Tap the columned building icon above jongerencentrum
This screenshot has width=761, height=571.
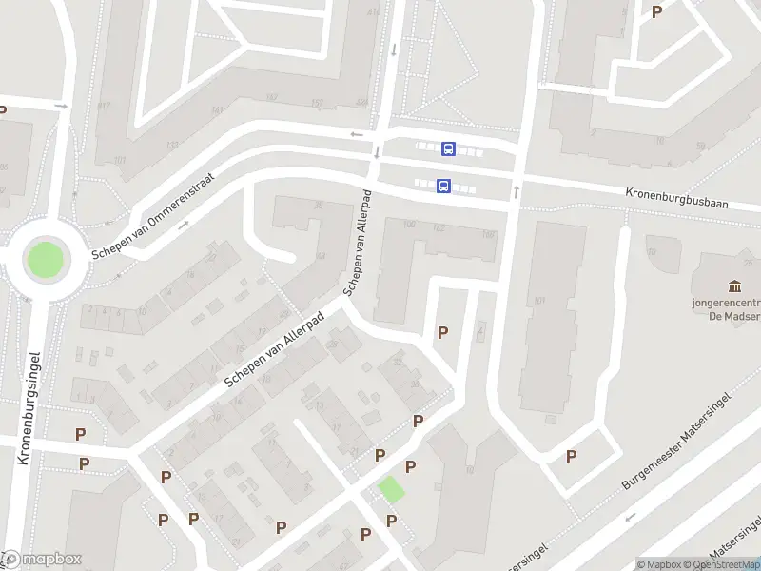click(734, 286)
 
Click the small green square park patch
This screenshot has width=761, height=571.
click(391, 490)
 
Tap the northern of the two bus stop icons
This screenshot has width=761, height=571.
click(448, 148)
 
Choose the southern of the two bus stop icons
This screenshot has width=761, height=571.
click(443, 187)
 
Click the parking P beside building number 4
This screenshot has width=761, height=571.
click(442, 332)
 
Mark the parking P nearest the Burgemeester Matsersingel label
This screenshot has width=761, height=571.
click(571, 456)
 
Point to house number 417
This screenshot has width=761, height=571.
click(103, 106)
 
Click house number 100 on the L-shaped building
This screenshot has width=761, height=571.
click(410, 225)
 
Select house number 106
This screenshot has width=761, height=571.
click(489, 234)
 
